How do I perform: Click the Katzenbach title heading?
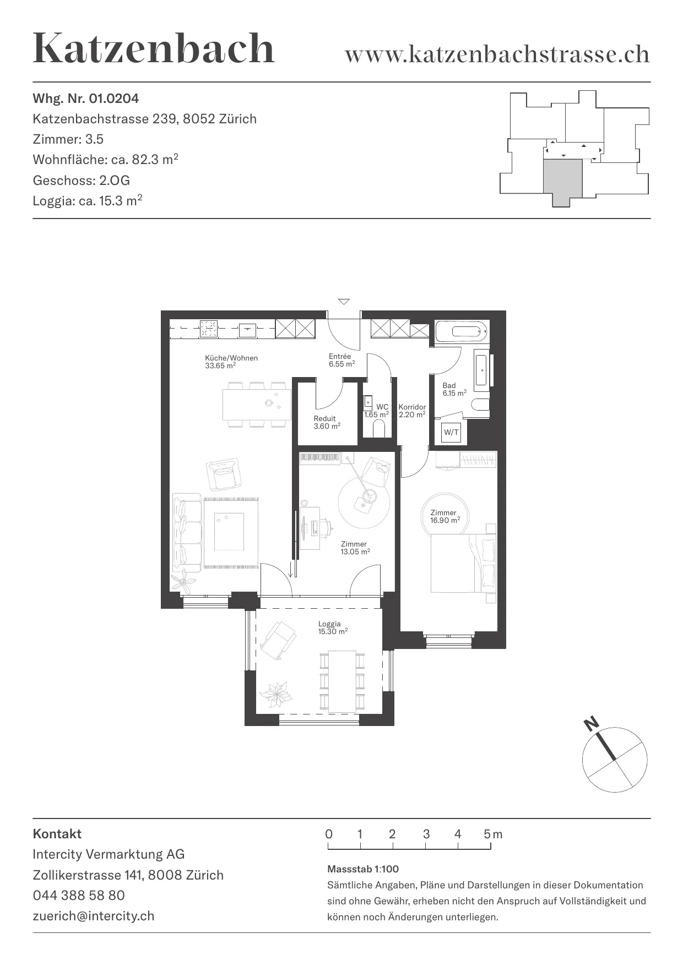[154, 48]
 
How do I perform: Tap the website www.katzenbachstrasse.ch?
[497, 54]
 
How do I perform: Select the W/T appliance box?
[451, 432]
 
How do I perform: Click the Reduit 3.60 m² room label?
[327, 422]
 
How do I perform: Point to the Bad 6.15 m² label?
[454, 389]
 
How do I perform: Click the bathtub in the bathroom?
[462, 331]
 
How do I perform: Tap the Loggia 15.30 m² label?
[333, 627]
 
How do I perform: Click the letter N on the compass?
[592, 724]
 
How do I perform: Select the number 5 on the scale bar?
[487, 834]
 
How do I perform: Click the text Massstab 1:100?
[363, 869]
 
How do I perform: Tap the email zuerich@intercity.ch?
[94, 916]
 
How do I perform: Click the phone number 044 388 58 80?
[79, 896]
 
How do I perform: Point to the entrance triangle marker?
[344, 301]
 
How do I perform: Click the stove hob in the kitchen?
[209, 329]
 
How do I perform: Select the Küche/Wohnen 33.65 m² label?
[231, 362]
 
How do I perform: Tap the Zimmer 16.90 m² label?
[445, 516]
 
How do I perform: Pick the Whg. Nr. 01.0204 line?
[86, 99]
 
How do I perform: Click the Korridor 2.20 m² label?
[412, 411]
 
